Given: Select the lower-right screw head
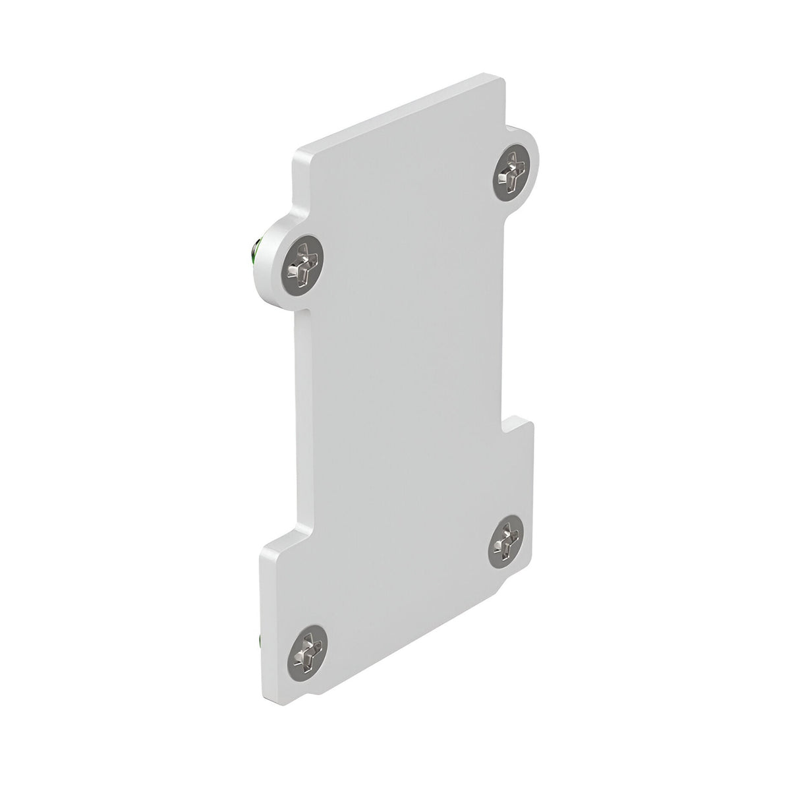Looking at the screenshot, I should pyautogui.click(x=506, y=540).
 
